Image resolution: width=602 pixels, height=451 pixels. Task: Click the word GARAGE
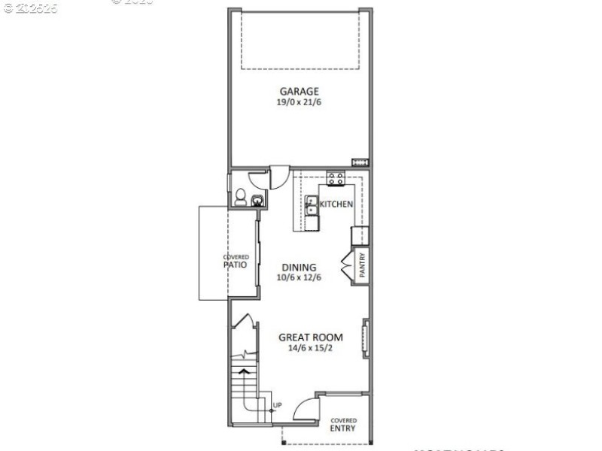(x=299, y=92)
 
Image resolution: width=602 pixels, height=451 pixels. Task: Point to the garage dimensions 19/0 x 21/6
(x=299, y=102)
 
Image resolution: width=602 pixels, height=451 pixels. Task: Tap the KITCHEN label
(x=336, y=204)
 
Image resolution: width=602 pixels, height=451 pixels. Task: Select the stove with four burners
(x=336, y=179)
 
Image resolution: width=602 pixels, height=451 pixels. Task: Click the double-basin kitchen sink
(x=312, y=210)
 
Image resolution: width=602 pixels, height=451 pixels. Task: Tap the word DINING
(x=299, y=267)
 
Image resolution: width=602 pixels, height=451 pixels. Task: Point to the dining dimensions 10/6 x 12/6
(x=299, y=277)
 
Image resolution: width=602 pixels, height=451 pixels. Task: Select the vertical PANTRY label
(x=362, y=267)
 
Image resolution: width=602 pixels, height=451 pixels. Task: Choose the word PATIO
(x=236, y=265)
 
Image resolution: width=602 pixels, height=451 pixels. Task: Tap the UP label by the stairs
(x=277, y=406)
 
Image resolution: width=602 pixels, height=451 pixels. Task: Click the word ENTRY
(x=343, y=428)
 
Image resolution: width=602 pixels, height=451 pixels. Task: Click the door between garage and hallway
(x=275, y=178)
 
